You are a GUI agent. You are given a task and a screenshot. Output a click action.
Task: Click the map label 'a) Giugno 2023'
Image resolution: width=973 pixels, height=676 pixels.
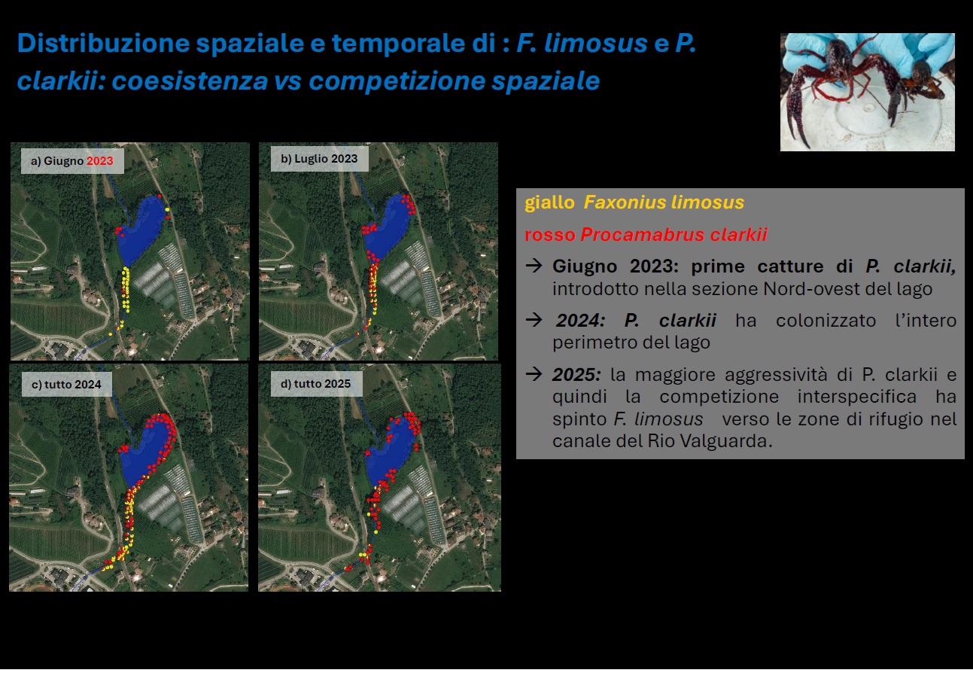coord(72,161)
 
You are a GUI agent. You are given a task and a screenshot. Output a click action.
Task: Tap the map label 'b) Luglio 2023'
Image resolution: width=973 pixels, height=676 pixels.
coord(319,159)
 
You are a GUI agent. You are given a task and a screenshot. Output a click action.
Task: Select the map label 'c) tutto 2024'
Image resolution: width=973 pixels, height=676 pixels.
coord(66,385)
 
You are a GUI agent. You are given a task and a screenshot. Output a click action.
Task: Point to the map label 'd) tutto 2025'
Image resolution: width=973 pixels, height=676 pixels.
coord(315,384)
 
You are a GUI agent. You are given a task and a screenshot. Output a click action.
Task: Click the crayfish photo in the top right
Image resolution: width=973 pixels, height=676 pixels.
coord(868,92)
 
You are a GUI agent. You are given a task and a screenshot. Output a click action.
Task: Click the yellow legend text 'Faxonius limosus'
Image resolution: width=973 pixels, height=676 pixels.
coord(664,202)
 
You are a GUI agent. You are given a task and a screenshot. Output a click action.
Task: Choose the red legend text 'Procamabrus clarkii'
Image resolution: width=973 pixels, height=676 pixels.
coord(673,235)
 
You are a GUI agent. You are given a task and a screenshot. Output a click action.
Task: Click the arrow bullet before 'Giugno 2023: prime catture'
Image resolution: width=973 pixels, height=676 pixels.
coord(534,266)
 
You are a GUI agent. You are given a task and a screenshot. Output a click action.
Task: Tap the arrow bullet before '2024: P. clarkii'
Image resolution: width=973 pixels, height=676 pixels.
coord(534,320)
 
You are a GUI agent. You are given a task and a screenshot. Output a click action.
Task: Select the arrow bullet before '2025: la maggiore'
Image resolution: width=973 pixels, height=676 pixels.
coord(534,373)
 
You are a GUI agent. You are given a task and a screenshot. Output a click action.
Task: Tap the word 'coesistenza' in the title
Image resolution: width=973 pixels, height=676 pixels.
coord(190,81)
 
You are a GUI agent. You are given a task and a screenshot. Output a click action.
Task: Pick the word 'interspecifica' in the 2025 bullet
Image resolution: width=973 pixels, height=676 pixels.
coord(856,396)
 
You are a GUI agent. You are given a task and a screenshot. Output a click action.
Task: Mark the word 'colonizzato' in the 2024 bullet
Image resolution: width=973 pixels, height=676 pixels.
coord(826,321)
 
